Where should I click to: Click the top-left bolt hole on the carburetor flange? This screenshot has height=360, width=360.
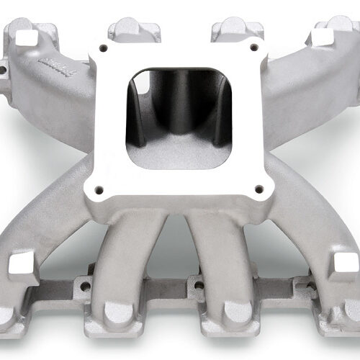[x=105, y=48]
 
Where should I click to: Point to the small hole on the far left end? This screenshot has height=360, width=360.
[x=4, y=71]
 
